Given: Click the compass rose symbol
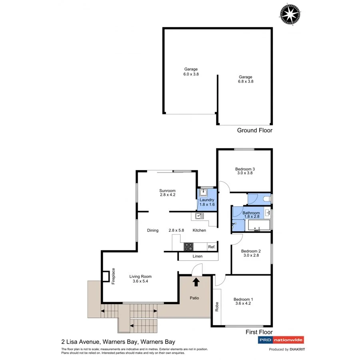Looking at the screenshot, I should click(290, 15).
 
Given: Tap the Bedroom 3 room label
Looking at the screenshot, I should click(245, 169).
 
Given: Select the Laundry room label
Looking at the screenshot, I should click(207, 200).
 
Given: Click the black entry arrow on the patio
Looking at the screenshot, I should click(196, 282).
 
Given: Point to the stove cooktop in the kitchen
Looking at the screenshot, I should click(188, 247).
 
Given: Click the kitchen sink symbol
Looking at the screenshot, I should click(200, 216).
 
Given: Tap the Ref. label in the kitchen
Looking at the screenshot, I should click(212, 247).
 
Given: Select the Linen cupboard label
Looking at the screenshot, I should click(198, 256).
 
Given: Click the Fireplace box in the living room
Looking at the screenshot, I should click(106, 276).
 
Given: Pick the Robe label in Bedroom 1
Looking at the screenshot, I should click(217, 306).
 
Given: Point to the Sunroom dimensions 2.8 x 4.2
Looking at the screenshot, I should click(168, 195).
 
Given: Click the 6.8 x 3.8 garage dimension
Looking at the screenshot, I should click(246, 81).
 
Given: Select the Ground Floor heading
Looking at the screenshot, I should click(254, 130).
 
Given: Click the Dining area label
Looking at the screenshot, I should click(153, 230).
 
